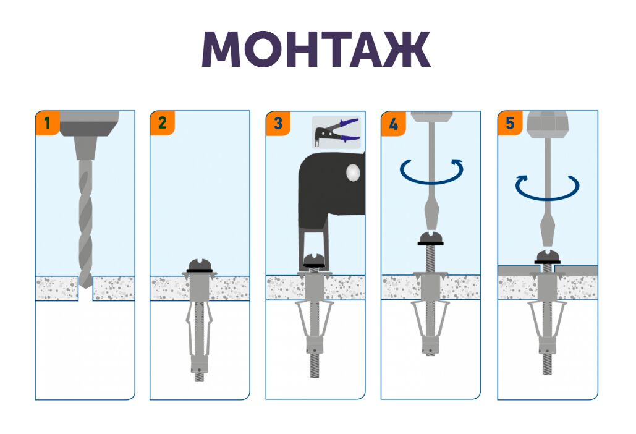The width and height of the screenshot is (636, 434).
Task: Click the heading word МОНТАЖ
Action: [316, 49]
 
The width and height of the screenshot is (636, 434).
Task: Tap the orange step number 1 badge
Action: [48, 122]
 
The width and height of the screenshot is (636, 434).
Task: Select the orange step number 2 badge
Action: [162, 122]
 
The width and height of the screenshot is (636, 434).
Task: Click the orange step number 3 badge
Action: [278, 123]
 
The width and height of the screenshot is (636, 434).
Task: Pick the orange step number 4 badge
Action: [394, 124]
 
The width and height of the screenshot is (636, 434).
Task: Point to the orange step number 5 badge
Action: [510, 123]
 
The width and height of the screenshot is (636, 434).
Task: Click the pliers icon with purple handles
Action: [336, 132]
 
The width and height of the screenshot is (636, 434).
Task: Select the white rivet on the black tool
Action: [353, 172]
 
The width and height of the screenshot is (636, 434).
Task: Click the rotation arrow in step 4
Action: [431, 172]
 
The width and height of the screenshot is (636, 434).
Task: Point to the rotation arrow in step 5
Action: [547, 188]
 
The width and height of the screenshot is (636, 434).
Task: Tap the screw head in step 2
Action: [199, 265]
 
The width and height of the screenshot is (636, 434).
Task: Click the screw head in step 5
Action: [547, 257]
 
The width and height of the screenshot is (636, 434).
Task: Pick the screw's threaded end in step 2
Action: [199, 377]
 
